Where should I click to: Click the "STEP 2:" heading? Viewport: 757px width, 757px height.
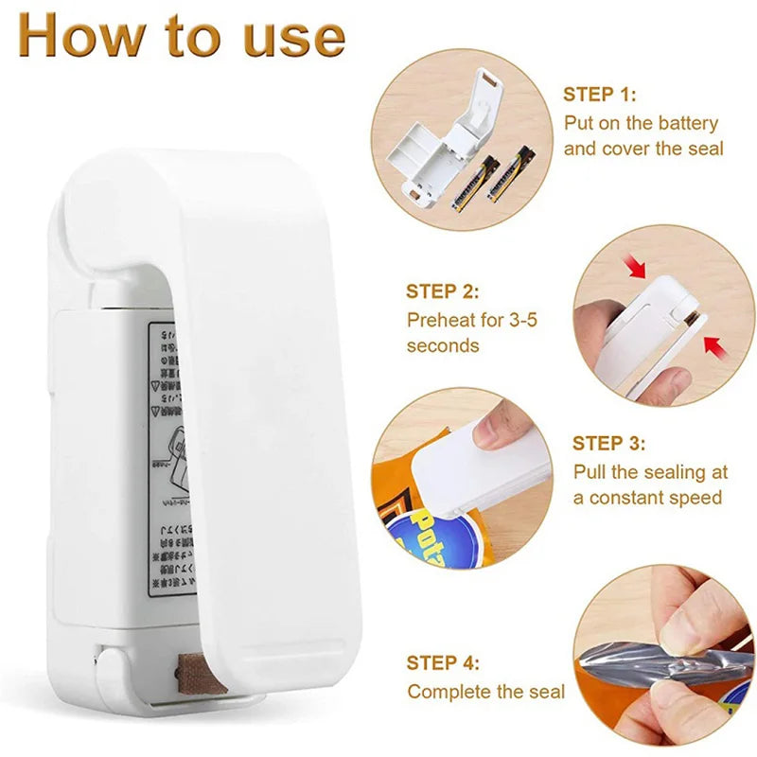443,291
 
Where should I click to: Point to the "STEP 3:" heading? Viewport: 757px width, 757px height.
609,443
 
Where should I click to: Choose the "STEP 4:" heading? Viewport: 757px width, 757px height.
443,662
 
